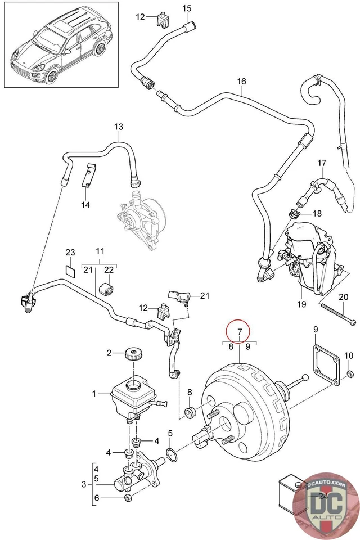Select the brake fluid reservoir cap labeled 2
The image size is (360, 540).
(133, 355)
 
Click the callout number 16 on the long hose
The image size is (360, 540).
(241, 82)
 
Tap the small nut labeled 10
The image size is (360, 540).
(349, 374)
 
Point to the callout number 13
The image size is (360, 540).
(119, 127)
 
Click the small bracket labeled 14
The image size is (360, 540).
(89, 177)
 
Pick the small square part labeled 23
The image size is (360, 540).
(70, 269)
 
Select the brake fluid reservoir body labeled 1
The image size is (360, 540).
(133, 397)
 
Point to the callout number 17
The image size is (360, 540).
(321, 164)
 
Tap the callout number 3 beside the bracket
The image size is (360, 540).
(84, 483)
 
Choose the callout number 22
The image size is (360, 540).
(109, 270)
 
